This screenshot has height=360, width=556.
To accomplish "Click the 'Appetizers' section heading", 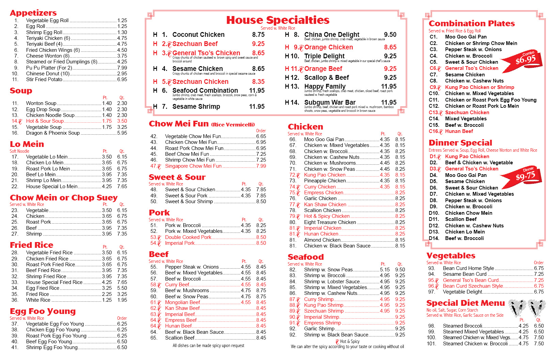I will (33, 13).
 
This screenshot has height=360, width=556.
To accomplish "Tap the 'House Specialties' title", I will (278, 20).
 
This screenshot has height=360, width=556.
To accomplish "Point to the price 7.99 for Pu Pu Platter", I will (122, 67).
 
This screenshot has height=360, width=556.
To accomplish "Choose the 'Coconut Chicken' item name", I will (198, 35).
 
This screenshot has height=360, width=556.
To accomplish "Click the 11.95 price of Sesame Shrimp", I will (257, 107).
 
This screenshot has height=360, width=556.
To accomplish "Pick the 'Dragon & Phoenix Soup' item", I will (53, 133).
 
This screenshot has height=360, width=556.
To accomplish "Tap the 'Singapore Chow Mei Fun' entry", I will (193, 166).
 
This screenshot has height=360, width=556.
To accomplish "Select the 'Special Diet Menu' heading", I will (465, 303).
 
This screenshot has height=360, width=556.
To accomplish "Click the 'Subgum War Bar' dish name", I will (329, 102).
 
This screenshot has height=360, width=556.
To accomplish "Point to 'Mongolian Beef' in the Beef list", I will (183, 302).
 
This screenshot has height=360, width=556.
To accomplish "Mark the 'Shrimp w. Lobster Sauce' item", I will (331, 282).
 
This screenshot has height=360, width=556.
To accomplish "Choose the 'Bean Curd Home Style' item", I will (468, 268).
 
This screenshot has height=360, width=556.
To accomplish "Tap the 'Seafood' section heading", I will (306, 257).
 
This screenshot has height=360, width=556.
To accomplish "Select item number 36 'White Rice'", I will (38, 300).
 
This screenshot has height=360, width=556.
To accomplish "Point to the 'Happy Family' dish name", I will (325, 86).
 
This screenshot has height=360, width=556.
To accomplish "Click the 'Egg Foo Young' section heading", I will (43, 311).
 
